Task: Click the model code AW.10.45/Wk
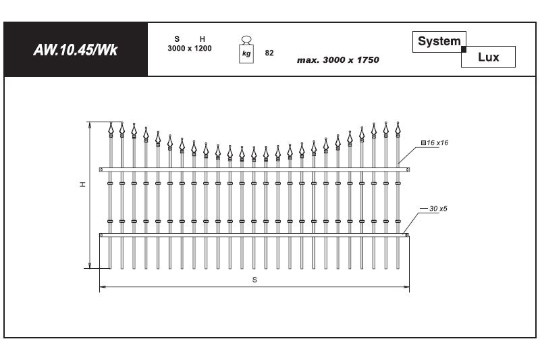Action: tap(76, 50)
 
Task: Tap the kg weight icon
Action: tap(246, 49)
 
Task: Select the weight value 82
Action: tap(269, 53)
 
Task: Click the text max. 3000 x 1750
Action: tap(338, 60)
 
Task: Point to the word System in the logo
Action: tap(439, 41)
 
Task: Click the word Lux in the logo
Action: tap(488, 57)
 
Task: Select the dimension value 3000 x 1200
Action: tap(190, 48)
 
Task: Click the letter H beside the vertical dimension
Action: tap(82, 184)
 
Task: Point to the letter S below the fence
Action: tap(254, 280)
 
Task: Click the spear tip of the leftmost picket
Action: tap(111, 123)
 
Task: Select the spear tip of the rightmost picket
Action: tap(398, 122)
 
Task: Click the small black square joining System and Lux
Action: tap(464, 49)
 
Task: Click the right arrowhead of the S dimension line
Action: tap(407, 286)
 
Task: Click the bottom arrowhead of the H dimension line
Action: tap(90, 265)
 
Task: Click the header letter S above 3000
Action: tap(177, 39)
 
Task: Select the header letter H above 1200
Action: tap(202, 39)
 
